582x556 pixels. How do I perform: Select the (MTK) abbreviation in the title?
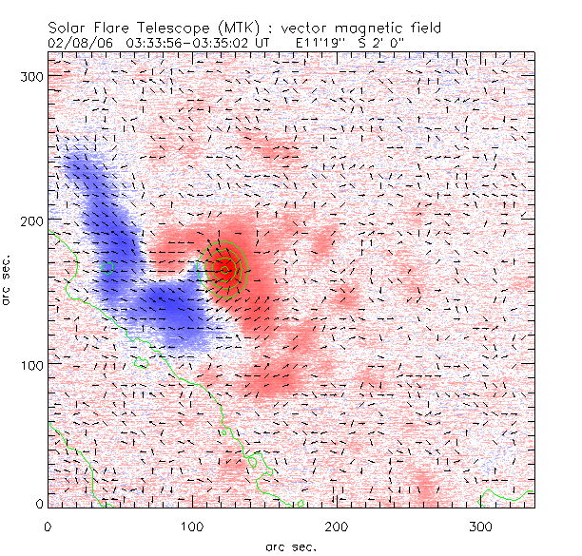[235, 28]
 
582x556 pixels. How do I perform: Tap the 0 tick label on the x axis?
[48, 526]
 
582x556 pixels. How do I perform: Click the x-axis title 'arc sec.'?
[290, 546]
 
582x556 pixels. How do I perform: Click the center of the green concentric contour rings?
[226, 269]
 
